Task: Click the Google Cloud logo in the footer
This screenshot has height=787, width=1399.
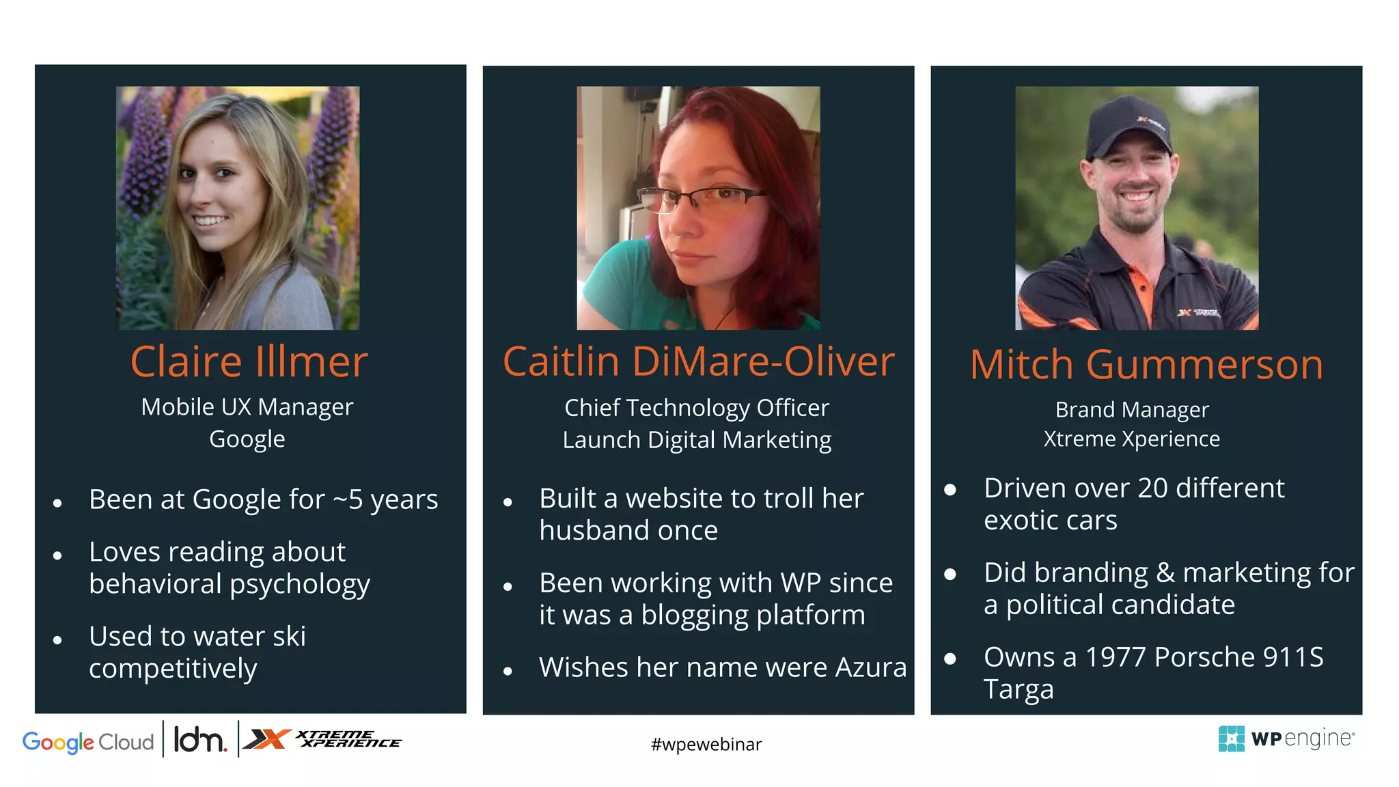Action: (x=88, y=742)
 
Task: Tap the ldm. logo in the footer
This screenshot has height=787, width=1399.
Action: (x=199, y=740)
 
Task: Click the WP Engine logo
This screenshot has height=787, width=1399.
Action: (x=1285, y=739)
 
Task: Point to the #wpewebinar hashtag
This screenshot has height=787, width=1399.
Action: (x=706, y=745)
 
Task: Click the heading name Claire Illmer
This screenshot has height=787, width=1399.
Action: (x=249, y=361)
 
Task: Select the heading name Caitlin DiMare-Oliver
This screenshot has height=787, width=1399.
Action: (x=698, y=361)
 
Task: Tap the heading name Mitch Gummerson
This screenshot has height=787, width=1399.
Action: (x=1146, y=365)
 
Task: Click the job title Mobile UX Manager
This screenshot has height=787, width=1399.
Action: (x=247, y=407)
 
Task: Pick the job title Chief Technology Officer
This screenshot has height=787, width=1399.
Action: (x=697, y=408)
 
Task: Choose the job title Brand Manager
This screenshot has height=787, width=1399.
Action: (x=1132, y=410)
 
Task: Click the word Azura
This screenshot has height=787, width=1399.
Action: (x=871, y=667)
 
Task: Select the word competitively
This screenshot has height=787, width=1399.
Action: (x=173, y=669)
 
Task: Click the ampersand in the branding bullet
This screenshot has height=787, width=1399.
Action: (x=1165, y=573)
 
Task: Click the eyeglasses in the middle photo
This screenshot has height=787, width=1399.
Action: (x=704, y=198)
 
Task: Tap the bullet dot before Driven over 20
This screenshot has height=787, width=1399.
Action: (x=950, y=489)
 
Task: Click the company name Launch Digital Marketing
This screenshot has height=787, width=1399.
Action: (x=697, y=440)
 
